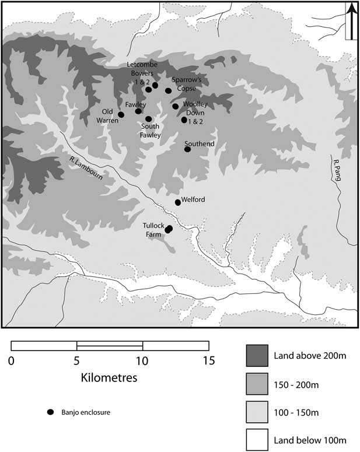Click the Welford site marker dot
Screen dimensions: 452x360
pyautogui.click(x=178, y=202)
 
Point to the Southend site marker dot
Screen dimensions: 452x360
pyautogui.click(x=187, y=149)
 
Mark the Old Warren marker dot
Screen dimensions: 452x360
pyautogui.click(x=121, y=114)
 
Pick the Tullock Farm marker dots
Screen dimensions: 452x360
pyautogui.click(x=169, y=229)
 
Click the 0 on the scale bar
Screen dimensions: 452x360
pyautogui.click(x=12, y=360)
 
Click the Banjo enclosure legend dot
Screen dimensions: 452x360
pyautogui.click(x=51, y=412)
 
